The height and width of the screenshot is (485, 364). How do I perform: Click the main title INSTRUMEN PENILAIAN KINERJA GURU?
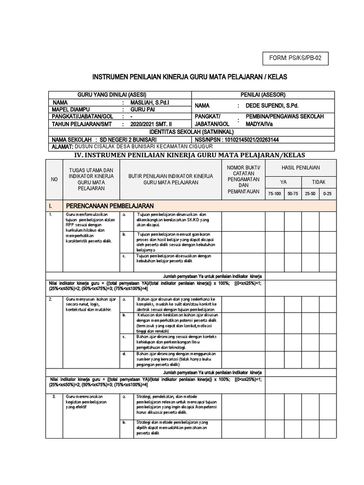[190, 77]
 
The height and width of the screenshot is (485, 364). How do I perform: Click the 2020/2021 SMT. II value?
[152, 124]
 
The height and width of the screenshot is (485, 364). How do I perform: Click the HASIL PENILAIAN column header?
[300, 168]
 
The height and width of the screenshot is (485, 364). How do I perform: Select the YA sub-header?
[283, 182]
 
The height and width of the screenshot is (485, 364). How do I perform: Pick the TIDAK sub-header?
[318, 182]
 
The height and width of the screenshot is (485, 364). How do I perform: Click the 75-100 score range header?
[274, 194]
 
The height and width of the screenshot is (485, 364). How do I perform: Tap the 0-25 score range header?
[328, 194]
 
